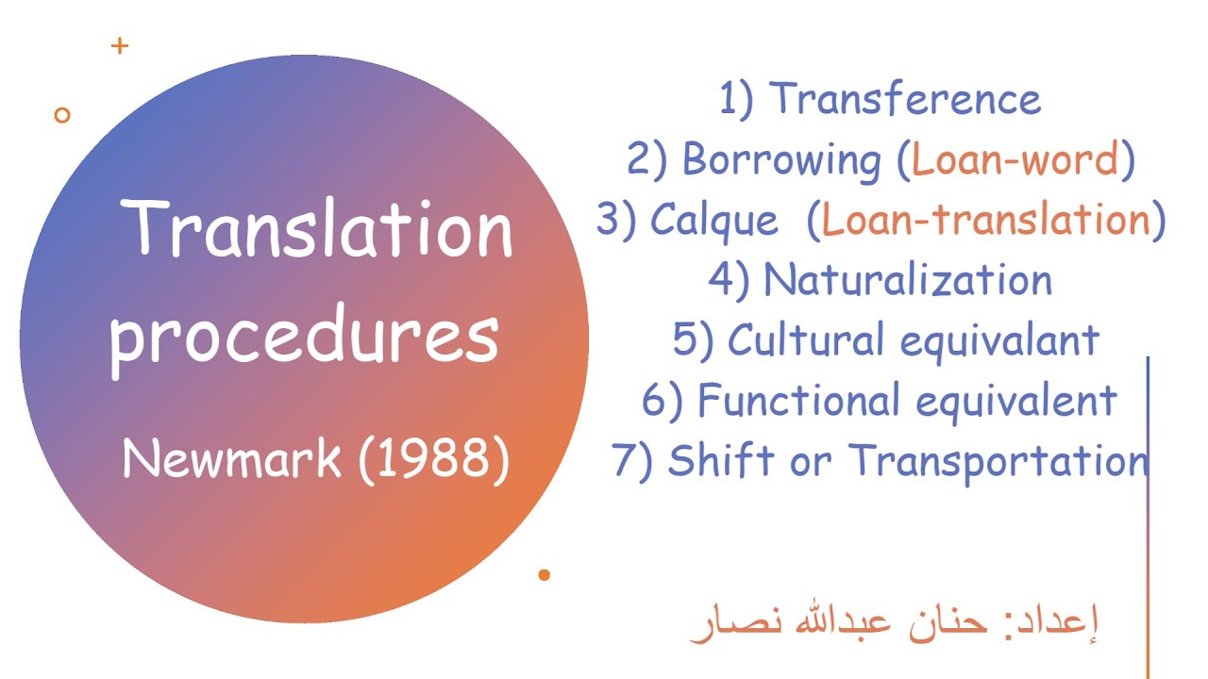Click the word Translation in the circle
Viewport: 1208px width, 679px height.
[319, 229]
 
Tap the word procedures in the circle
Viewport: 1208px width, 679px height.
[304, 338]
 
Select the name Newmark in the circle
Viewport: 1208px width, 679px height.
[231, 459]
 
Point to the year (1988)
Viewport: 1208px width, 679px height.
[434, 459]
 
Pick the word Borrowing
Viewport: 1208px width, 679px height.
[780, 159]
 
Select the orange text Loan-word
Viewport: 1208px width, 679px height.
[1015, 159]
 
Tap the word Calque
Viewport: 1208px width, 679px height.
[714, 220]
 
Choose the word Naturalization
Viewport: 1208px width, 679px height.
[907, 280]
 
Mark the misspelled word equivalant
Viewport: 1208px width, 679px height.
[999, 340]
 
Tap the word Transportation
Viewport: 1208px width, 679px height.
[998, 461]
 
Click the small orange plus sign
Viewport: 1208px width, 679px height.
[119, 45]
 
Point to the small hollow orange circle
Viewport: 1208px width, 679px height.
[62, 115]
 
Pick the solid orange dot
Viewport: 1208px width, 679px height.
[544, 574]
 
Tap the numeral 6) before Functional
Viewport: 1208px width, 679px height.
[663, 402]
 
